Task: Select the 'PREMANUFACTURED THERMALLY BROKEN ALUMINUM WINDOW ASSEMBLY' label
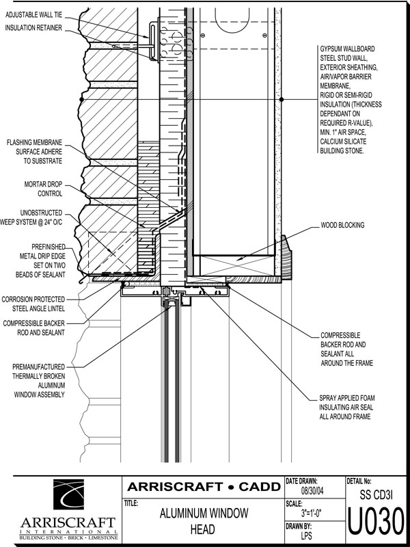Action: [39, 380]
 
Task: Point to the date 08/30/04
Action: [316, 491]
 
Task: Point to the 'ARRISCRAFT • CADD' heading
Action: [203, 487]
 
